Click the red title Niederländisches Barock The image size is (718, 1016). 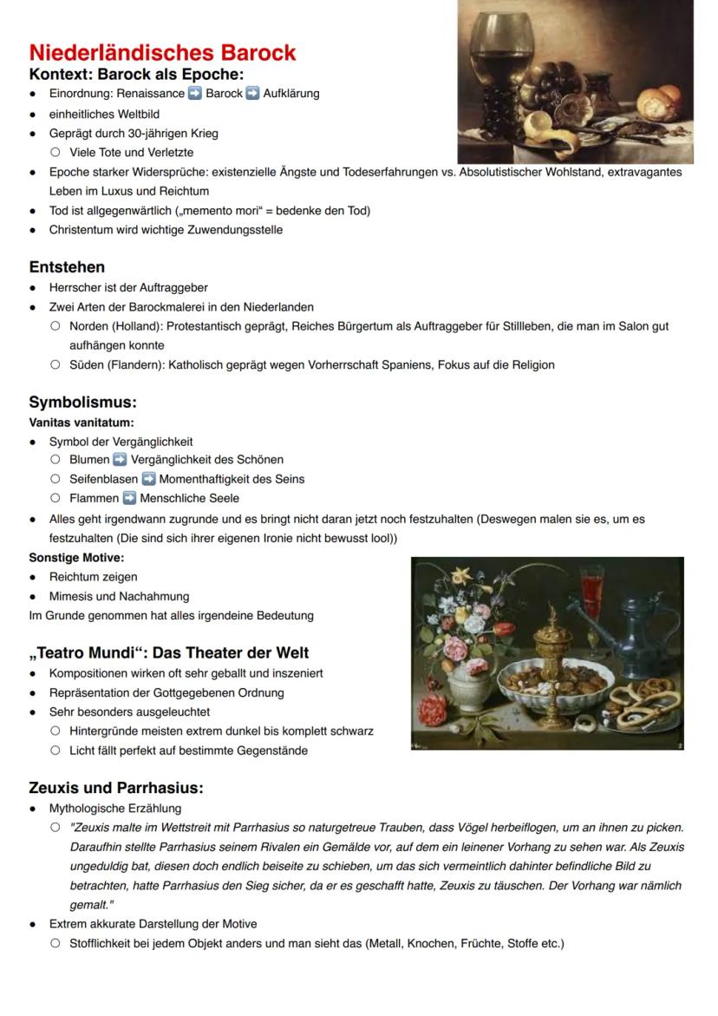[162, 53]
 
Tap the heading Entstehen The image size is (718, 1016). [67, 266]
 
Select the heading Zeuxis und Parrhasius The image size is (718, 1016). [115, 788]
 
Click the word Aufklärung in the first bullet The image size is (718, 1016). [291, 94]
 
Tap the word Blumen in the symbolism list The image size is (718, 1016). [89, 460]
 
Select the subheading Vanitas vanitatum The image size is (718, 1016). [81, 423]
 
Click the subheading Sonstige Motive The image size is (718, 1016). [76, 557]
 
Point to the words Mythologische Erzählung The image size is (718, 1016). [114, 808]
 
